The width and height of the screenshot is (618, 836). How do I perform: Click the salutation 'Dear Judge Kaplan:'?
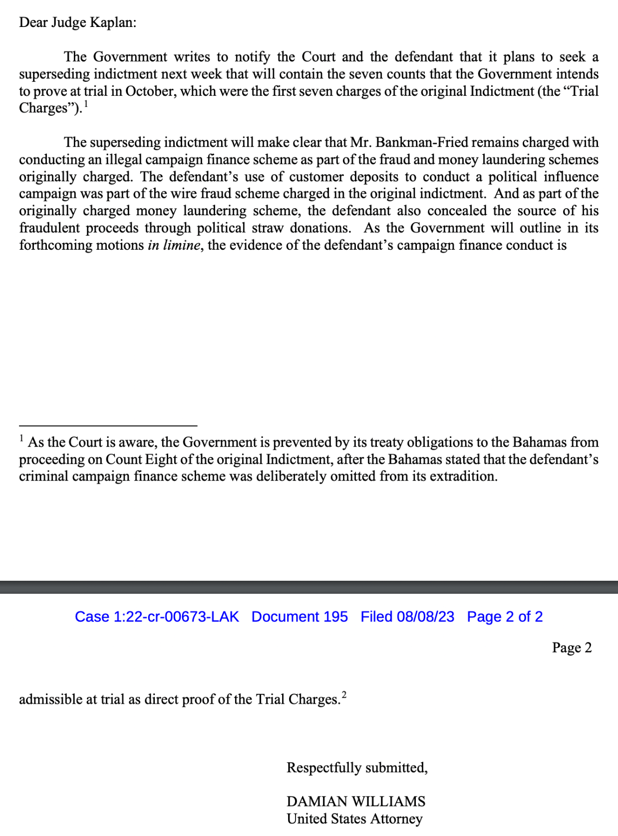click(x=77, y=23)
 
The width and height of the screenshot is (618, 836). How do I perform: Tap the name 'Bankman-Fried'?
click(x=422, y=143)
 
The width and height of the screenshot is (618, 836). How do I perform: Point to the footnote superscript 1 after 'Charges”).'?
click(x=86, y=104)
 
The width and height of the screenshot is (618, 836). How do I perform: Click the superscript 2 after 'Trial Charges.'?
click(x=344, y=695)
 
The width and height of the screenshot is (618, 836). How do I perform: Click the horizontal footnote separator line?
click(x=108, y=425)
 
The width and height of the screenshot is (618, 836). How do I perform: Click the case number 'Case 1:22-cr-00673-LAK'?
click(x=157, y=617)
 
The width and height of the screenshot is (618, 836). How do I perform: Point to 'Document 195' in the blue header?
click(x=300, y=617)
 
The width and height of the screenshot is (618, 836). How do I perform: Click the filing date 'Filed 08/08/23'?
click(x=407, y=617)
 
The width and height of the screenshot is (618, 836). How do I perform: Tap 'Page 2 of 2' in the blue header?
click(x=505, y=617)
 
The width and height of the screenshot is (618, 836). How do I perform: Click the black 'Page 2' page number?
click(x=572, y=648)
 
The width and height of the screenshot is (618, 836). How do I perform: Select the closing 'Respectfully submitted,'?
click(x=357, y=768)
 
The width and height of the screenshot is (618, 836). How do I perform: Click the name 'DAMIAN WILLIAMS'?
click(x=356, y=802)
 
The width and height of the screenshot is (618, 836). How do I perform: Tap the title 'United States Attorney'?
click(x=354, y=819)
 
